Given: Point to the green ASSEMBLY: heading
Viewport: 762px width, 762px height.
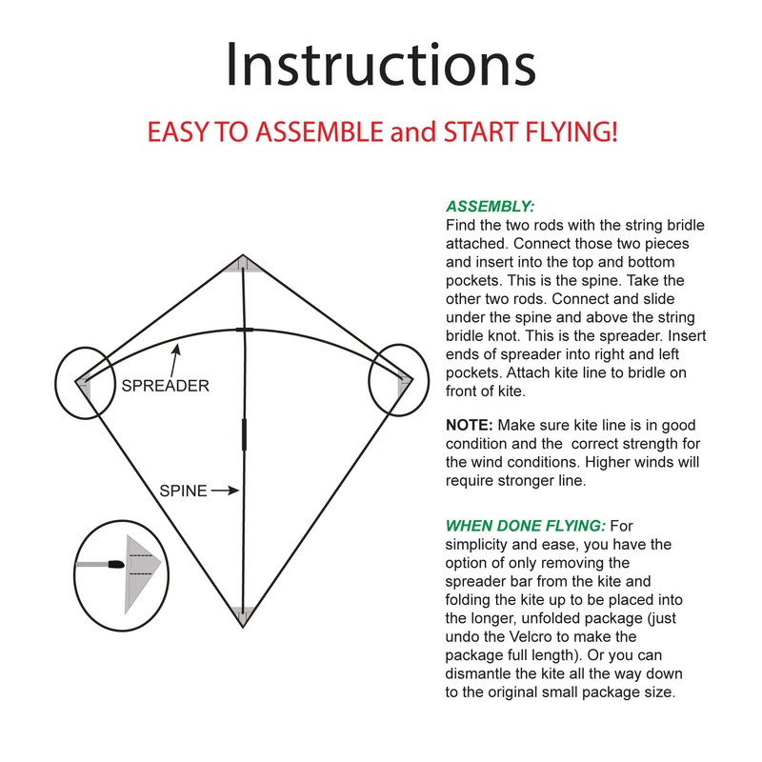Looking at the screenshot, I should click(491, 207).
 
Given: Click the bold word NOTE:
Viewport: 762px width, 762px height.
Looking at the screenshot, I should click(471, 426).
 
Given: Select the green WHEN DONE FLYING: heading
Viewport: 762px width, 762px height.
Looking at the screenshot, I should click(526, 525).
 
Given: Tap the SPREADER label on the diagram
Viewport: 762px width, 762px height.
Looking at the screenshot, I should click(165, 387).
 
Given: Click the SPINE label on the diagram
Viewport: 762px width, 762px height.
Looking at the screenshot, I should click(182, 491).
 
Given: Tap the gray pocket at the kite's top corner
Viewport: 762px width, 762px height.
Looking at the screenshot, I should click(243, 264).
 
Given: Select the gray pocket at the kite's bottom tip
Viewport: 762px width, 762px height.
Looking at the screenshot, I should click(243, 616).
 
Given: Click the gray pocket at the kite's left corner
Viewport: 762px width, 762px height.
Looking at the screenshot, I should click(85, 385).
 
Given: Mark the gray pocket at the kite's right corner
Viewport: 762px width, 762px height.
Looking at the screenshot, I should click(404, 385).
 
